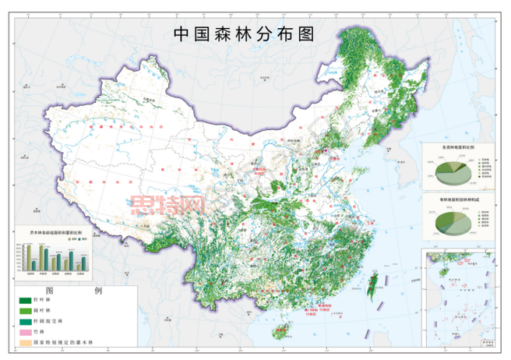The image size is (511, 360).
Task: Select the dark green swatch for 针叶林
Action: point(25,300)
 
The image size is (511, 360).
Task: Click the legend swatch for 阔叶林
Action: point(25,310)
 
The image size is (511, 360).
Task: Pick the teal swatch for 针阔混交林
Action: point(25,321)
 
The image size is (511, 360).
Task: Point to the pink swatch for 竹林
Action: point(25,331)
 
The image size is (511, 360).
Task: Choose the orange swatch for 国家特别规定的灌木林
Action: point(25,341)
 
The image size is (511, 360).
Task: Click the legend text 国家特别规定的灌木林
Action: point(65,341)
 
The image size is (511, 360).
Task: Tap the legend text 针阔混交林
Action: point(49,321)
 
